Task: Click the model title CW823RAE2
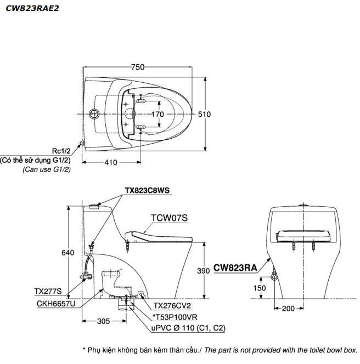click(x=32, y=8)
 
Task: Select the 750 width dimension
click(x=138, y=67)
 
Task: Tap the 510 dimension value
click(x=204, y=114)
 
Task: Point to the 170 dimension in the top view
click(x=157, y=114)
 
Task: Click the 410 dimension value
click(x=111, y=162)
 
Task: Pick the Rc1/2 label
click(x=61, y=151)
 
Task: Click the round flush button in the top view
click(x=94, y=114)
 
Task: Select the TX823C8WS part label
click(x=147, y=190)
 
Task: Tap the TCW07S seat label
click(x=169, y=218)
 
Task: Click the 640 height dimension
click(x=67, y=252)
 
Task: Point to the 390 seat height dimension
click(x=204, y=271)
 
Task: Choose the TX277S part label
click(x=48, y=291)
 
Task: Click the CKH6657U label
click(x=56, y=303)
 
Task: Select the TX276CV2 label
click(x=172, y=306)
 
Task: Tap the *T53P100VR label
click(x=175, y=317)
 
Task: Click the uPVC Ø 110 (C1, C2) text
click(x=188, y=328)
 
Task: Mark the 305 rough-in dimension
click(x=103, y=321)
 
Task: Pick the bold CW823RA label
click(x=235, y=268)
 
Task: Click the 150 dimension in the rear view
click(x=260, y=288)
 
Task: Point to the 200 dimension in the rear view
click(x=288, y=309)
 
